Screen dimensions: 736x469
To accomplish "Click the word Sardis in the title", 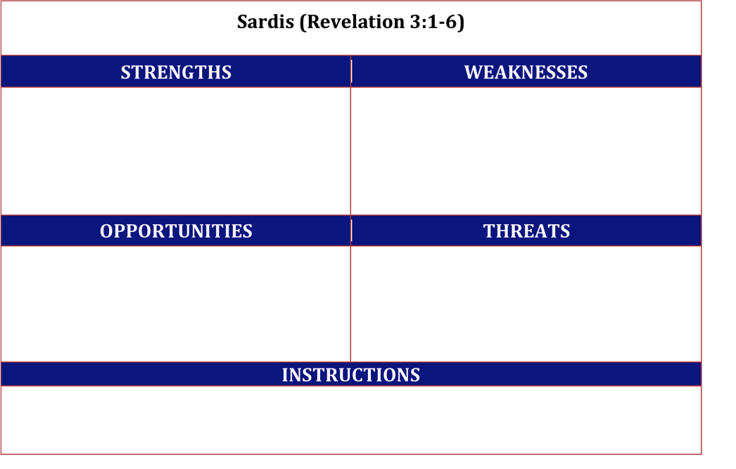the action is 265,22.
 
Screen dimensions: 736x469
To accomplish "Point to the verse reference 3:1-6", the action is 434,22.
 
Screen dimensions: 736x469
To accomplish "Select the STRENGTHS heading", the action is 176,72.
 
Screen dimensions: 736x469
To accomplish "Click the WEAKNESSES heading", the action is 526,72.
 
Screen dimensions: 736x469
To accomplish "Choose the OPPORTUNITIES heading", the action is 176,231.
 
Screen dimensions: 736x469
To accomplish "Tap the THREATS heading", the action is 526,231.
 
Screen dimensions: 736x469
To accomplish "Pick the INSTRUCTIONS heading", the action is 350,375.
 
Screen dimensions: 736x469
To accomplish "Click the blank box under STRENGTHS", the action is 175,151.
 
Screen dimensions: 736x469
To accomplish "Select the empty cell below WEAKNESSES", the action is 526,151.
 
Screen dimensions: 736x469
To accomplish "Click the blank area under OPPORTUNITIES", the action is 175,304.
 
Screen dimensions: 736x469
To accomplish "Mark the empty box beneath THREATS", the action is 526,304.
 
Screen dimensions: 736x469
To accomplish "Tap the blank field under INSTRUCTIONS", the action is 351,420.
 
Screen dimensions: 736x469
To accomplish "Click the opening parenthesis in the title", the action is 303,22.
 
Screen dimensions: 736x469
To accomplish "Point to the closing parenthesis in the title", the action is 461,22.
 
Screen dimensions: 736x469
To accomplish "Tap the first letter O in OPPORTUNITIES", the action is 106,231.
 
